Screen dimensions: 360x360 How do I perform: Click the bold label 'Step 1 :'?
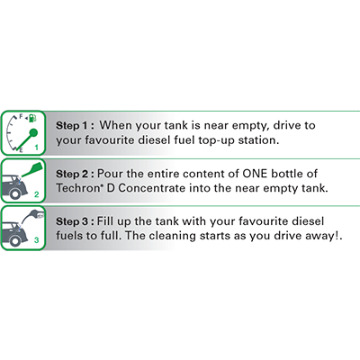[x=75, y=125]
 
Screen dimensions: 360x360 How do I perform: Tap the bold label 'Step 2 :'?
[x=75, y=174]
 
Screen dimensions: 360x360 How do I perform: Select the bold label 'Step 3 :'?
[x=75, y=221]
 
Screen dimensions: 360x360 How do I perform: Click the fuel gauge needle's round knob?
[x=33, y=132]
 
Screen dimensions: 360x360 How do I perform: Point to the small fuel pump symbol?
[x=32, y=118]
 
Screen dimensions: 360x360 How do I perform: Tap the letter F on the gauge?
[x=21, y=116]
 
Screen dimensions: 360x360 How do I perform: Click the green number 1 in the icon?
[x=37, y=148]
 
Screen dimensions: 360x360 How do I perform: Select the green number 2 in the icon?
[x=37, y=194]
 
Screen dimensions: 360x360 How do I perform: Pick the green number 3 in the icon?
[x=37, y=240]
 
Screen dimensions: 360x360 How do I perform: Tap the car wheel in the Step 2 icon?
[x=14, y=193]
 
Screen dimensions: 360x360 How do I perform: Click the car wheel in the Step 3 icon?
[x=14, y=240]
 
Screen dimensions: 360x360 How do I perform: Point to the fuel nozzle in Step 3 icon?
[x=33, y=215]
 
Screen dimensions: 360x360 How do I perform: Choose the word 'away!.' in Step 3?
[x=324, y=236]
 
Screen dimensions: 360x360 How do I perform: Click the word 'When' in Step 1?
[x=116, y=125]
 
